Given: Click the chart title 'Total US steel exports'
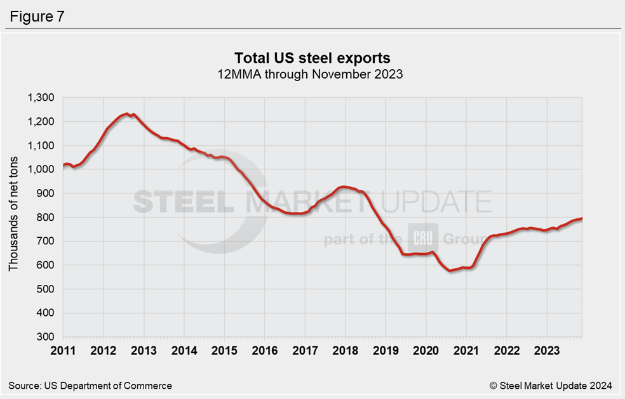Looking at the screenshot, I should click(312, 58).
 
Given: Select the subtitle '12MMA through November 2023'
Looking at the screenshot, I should click(312, 74).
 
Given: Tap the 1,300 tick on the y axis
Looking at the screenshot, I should click(41, 98).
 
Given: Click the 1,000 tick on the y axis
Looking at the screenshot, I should click(41, 169).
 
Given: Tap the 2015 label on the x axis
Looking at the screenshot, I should click(224, 350).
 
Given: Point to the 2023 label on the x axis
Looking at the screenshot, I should click(546, 350).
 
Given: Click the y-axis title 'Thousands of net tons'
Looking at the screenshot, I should click(13, 217).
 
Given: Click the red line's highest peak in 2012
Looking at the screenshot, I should click(127, 114).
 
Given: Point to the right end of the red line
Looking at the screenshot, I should click(582, 219).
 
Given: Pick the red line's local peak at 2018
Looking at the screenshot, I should click(344, 186).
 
